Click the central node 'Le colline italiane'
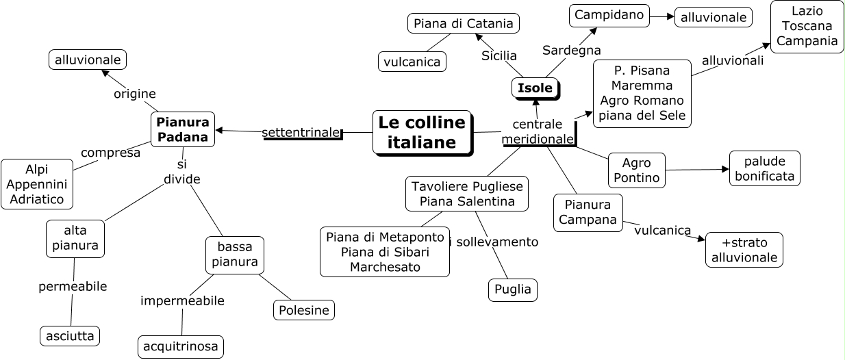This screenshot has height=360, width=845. [x=422, y=132]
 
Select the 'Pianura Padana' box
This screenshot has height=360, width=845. [x=183, y=129]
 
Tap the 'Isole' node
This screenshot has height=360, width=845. [x=535, y=88]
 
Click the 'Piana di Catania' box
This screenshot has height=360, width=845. [x=463, y=24]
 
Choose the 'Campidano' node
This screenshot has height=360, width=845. [x=609, y=15]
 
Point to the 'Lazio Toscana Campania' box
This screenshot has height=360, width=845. [x=807, y=27]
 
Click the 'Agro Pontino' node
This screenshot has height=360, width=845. [x=636, y=170]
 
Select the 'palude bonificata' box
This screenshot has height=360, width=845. [x=764, y=168]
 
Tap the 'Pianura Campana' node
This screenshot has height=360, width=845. [x=588, y=212]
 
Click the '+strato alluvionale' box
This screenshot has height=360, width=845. [x=744, y=250]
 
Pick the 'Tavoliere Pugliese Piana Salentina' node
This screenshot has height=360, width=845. [x=467, y=193]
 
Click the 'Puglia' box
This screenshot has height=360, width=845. [x=513, y=290]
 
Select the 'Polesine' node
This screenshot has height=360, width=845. [x=304, y=310]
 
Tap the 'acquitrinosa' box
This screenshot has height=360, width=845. [x=181, y=347]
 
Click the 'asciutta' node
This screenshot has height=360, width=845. [x=70, y=336]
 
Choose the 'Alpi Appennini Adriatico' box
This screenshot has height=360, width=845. [x=37, y=184]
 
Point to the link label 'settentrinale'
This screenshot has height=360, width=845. [x=301, y=132]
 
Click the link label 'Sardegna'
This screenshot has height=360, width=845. [x=571, y=50]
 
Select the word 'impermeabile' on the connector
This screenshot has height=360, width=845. [x=182, y=300]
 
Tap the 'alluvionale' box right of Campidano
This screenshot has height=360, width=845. [x=713, y=17]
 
